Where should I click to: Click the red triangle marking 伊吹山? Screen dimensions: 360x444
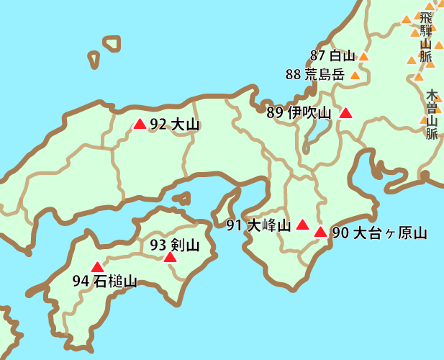346,113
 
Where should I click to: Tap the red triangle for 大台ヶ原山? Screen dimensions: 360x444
320,232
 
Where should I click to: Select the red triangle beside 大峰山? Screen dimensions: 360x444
303,225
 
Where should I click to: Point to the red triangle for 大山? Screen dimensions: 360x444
140,124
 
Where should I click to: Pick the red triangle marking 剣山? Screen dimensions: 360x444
170,257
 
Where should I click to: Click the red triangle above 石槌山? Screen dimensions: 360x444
97,267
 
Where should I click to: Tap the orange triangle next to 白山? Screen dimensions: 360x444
363,56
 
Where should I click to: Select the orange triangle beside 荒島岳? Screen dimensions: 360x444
354,74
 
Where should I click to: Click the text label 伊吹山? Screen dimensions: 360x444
309,113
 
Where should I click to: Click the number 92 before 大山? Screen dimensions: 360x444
157,124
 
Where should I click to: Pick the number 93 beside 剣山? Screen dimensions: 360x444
158,245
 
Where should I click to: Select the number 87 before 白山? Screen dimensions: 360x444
317,55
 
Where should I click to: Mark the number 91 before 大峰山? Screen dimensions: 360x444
234,225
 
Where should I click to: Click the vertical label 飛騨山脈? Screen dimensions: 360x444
426,36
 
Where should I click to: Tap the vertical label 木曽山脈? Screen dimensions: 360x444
432,114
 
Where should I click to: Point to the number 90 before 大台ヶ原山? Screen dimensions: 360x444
340,233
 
